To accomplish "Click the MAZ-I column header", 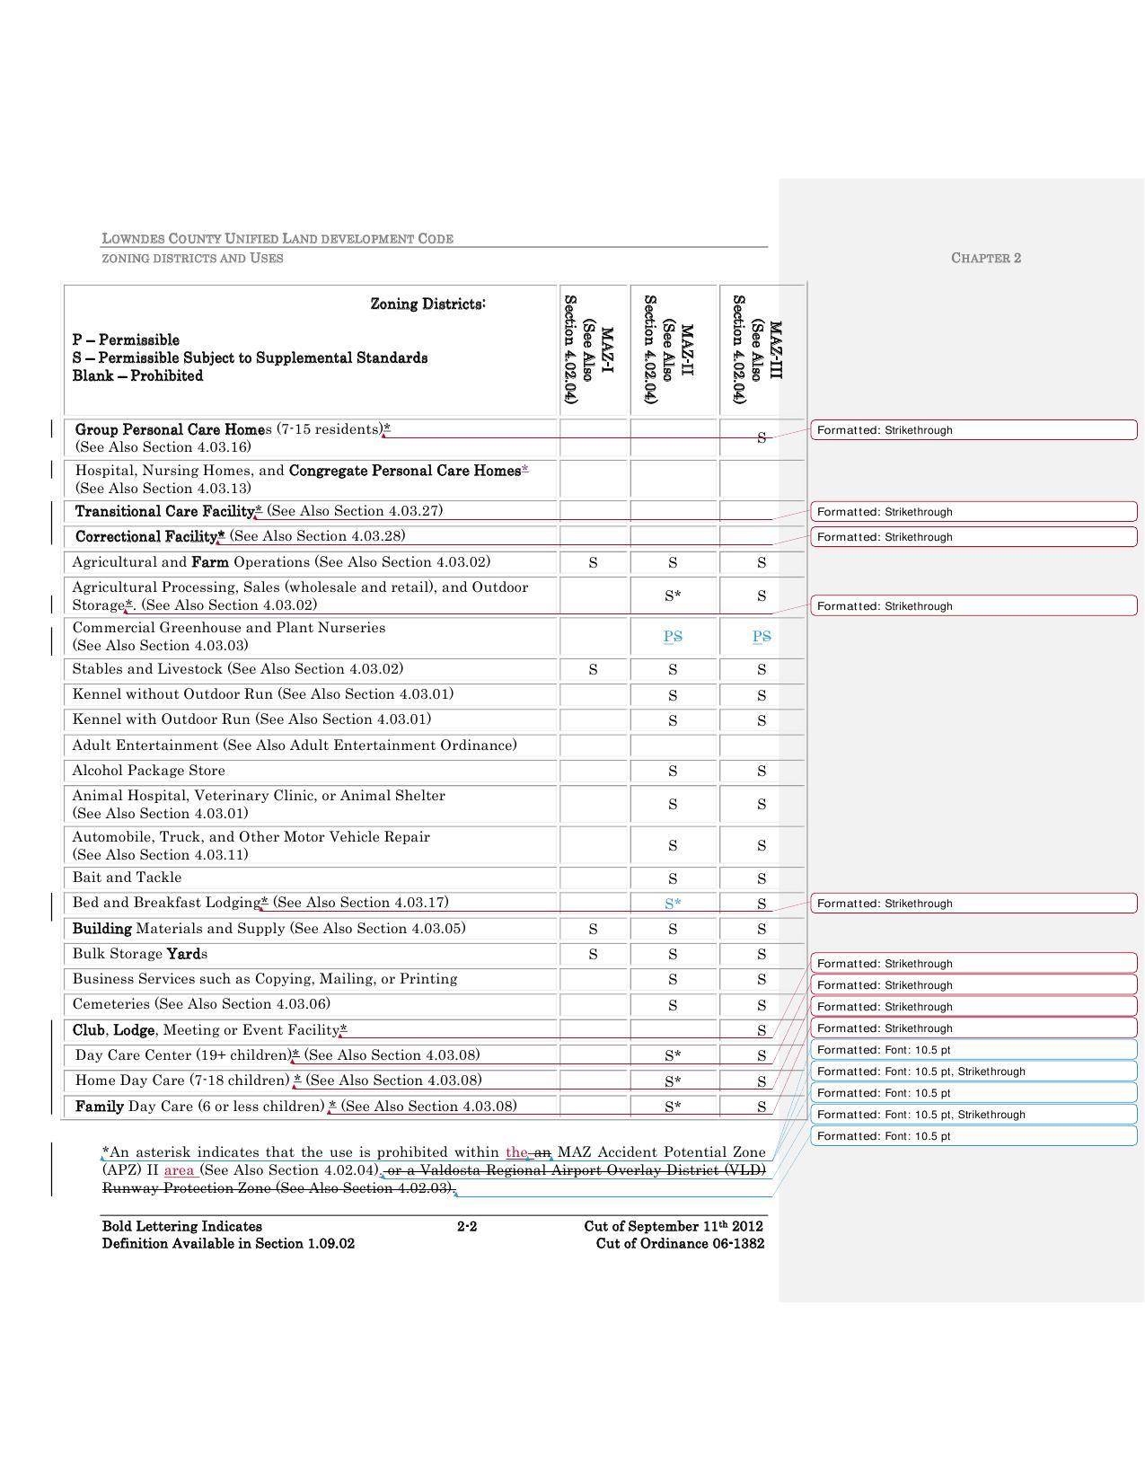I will pyautogui.click(x=593, y=349).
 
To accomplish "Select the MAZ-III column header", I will pyautogui.click(x=762, y=349).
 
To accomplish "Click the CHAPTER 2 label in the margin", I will pyautogui.click(x=985, y=258).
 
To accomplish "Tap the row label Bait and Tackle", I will pyautogui.click(x=127, y=878).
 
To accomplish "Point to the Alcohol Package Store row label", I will pyautogui.click(x=148, y=771).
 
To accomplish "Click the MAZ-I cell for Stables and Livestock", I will pyautogui.click(x=593, y=670).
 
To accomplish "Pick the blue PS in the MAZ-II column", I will pyautogui.click(x=673, y=637).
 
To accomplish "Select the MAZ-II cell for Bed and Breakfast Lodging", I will pyautogui.click(x=673, y=904).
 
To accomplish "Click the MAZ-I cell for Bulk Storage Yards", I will pyautogui.click(x=593, y=954).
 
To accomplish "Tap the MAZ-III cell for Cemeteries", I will pyautogui.click(x=762, y=1005).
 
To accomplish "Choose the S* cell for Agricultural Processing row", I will pyautogui.click(x=673, y=595).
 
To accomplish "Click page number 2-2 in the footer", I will pyautogui.click(x=467, y=1226).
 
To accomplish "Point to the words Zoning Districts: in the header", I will pyautogui.click(x=428, y=304).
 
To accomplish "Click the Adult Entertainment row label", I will pyautogui.click(x=294, y=745).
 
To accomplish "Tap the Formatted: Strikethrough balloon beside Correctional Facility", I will pyautogui.click(x=973, y=537).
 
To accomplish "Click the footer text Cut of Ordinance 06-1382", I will pyautogui.click(x=680, y=1244).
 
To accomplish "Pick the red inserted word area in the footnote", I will pyautogui.click(x=180, y=1170).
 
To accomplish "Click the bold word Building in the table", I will pyautogui.click(x=101, y=929).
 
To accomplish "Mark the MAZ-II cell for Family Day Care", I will pyautogui.click(x=673, y=1107).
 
